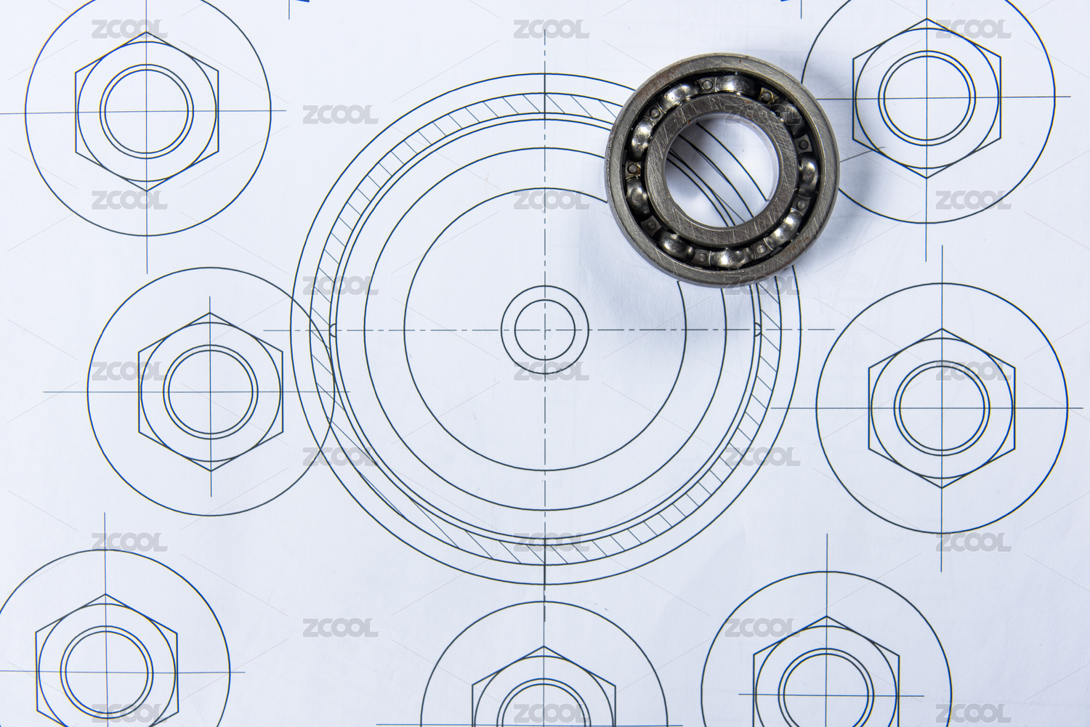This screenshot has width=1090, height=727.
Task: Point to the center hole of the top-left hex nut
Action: pyautogui.click(x=147, y=111)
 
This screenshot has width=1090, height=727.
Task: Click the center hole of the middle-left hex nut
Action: pyautogui.click(x=211, y=392)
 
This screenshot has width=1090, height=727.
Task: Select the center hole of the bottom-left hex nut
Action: pyautogui.click(x=107, y=673)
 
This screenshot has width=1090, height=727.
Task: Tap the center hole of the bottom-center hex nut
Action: pyautogui.click(x=544, y=707)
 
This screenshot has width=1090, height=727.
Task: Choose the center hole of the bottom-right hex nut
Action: pyautogui.click(x=826, y=695)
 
